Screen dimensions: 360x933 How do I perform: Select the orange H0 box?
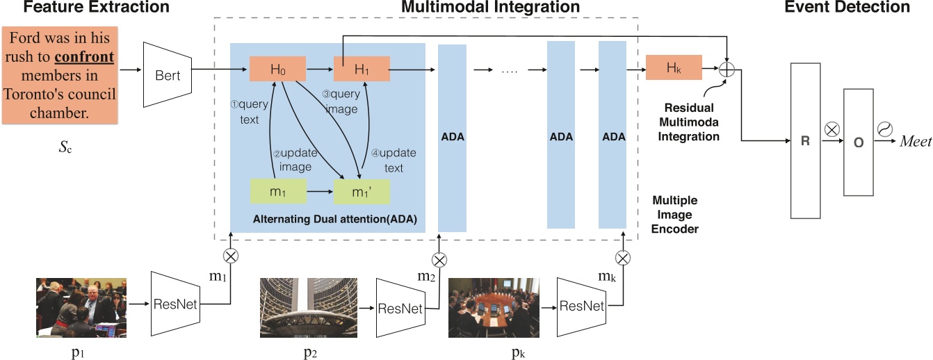pyautogui.click(x=278, y=69)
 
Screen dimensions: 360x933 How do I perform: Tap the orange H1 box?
pyautogui.click(x=362, y=69)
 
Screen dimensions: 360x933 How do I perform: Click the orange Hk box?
pyautogui.click(x=674, y=68)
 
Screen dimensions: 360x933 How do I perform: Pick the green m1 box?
pyautogui.click(x=278, y=191)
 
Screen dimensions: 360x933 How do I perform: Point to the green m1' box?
pyautogui.click(x=362, y=191)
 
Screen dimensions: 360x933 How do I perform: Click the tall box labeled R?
pyautogui.click(x=805, y=140)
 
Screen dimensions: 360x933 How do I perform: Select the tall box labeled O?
pyautogui.click(x=858, y=142)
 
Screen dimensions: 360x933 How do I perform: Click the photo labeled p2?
pyautogui.click(x=308, y=307)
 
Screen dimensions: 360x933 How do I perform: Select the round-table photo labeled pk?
pyautogui.click(x=494, y=307)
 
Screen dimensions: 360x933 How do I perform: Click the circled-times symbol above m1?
pyautogui.click(x=229, y=254)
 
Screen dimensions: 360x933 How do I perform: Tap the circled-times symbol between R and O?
pyautogui.click(x=830, y=129)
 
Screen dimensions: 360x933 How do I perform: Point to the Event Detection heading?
pyautogui.click(x=847, y=8)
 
